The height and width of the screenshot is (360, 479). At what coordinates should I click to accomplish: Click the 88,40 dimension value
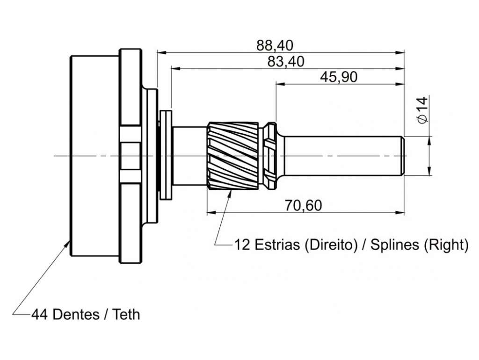pyautogui.click(x=274, y=45)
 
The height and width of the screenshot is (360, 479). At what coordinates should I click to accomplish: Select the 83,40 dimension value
pyautogui.click(x=286, y=62)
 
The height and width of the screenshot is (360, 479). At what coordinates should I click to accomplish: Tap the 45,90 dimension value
pyautogui.click(x=339, y=77)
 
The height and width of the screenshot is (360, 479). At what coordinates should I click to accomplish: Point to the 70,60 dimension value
pyautogui.click(x=303, y=206)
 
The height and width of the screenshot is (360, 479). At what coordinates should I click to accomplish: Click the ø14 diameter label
pyautogui.click(x=422, y=110)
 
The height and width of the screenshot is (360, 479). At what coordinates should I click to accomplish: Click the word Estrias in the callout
pyautogui.click(x=277, y=245)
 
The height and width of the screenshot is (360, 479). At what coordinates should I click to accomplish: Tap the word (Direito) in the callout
pyautogui.click(x=331, y=245)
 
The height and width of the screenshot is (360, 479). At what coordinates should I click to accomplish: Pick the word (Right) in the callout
pyautogui.click(x=445, y=245)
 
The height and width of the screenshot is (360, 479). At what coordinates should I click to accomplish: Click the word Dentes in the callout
pyautogui.click(x=76, y=315)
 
